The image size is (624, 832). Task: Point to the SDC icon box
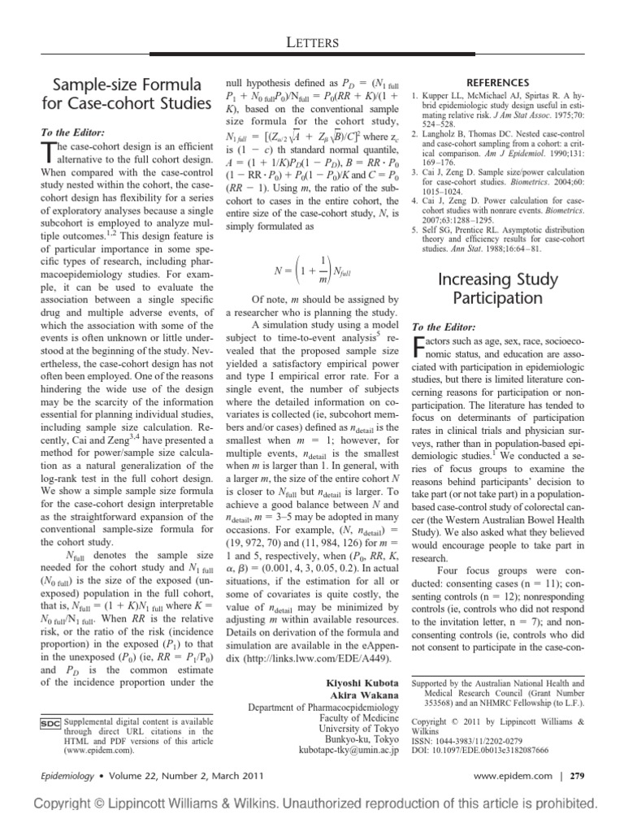point(48,721)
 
